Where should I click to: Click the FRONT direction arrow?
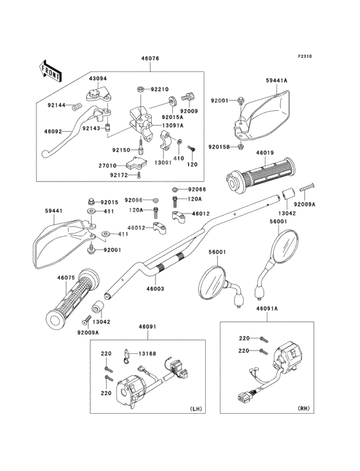click(50, 71)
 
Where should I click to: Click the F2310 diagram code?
click(305, 56)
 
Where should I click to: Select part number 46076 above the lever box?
click(150, 59)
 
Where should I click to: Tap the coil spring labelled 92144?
click(78, 107)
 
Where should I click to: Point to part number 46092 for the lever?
click(53, 131)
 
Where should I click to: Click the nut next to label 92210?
click(140, 89)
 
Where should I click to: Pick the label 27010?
click(108, 165)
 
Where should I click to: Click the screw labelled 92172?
click(138, 176)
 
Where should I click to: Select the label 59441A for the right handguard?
click(276, 80)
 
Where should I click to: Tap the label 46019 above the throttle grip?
click(265, 152)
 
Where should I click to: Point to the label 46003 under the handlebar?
click(155, 289)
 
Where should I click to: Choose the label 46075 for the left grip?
click(66, 278)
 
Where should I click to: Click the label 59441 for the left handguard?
click(53, 211)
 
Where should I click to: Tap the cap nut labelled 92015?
click(91, 201)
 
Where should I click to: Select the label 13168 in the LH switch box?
click(147, 354)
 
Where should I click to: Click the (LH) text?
click(196, 409)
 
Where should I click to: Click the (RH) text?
click(303, 409)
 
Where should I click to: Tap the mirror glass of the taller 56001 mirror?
click(286, 247)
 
